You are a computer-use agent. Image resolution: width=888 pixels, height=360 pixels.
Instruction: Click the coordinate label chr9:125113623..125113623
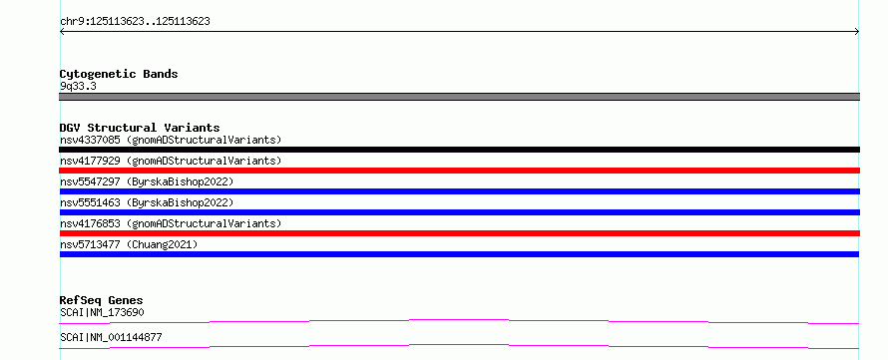point(135,22)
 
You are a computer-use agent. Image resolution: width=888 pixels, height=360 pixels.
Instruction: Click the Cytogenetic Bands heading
point(119,74)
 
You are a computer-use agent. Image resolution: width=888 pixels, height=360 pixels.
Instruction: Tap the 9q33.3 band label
point(78,87)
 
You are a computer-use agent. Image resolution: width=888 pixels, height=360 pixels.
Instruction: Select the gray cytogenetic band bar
point(459,97)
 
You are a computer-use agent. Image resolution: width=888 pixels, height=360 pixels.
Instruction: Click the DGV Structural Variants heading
point(140,128)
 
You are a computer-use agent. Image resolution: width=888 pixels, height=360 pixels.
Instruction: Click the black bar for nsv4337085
point(459,150)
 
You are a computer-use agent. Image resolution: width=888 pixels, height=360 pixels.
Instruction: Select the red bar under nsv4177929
point(459,171)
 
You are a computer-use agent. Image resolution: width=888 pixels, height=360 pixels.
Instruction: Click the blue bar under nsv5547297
point(459,191)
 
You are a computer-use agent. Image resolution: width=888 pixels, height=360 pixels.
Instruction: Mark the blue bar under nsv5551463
point(459,212)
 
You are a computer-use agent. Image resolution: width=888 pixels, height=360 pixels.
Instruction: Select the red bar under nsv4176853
point(459,233)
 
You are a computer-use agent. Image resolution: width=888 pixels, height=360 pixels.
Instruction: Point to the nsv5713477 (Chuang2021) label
point(129,244)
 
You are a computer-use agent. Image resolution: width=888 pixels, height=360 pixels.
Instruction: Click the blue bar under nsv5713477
point(459,254)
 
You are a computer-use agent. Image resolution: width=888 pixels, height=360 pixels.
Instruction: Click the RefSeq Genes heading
point(102,300)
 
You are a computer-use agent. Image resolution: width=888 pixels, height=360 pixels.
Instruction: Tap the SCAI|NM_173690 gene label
point(102,312)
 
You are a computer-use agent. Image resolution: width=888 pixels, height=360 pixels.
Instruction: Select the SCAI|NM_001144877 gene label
point(111,337)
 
